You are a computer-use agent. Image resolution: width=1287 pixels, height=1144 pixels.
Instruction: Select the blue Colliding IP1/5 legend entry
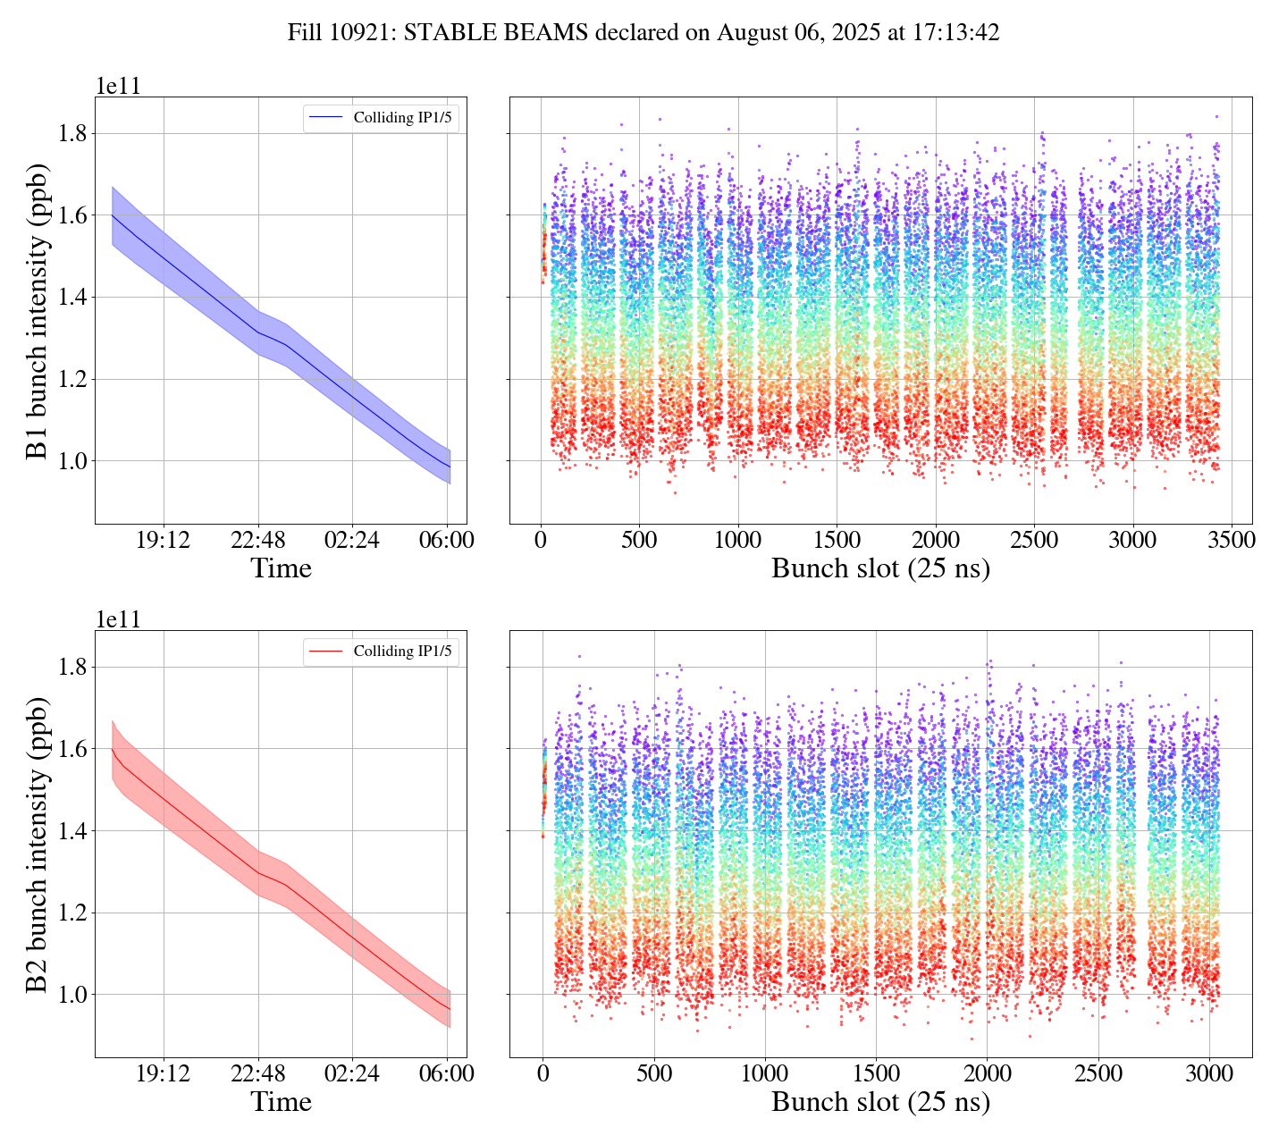pos(382,117)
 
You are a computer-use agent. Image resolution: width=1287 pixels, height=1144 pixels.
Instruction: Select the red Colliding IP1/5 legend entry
pos(382,651)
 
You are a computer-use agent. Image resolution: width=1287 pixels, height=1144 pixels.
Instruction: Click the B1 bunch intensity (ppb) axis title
pos(38,310)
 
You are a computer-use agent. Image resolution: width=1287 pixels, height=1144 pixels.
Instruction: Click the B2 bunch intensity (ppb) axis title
pos(38,844)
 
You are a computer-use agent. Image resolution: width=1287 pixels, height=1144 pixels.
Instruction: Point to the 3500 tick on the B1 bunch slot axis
pos(1231,541)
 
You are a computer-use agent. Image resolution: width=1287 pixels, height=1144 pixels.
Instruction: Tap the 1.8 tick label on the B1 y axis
pos(73,134)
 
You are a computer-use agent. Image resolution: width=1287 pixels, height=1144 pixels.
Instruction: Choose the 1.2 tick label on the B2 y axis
pos(73,913)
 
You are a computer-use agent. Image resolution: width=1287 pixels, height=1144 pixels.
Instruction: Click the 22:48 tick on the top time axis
pos(257,541)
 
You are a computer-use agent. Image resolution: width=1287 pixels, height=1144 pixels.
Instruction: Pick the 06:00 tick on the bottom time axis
pos(447,1073)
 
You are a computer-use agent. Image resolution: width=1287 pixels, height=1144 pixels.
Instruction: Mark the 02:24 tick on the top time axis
pos(352,541)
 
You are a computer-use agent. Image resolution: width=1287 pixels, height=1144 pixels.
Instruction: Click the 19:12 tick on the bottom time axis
pos(163,1073)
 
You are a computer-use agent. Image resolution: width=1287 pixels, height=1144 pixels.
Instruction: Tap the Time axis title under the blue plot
pos(281,568)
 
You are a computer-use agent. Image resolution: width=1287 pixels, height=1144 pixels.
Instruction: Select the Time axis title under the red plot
pos(281,1102)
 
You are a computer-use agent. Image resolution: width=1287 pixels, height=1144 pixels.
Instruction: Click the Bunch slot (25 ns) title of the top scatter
pos(880,568)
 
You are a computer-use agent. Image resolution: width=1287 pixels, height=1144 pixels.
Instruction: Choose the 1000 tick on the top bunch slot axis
pos(738,541)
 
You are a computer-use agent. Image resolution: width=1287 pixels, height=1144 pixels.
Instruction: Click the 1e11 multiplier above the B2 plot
pos(118,619)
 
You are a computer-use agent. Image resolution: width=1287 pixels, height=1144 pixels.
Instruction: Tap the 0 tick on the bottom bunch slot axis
pos(543,1073)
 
